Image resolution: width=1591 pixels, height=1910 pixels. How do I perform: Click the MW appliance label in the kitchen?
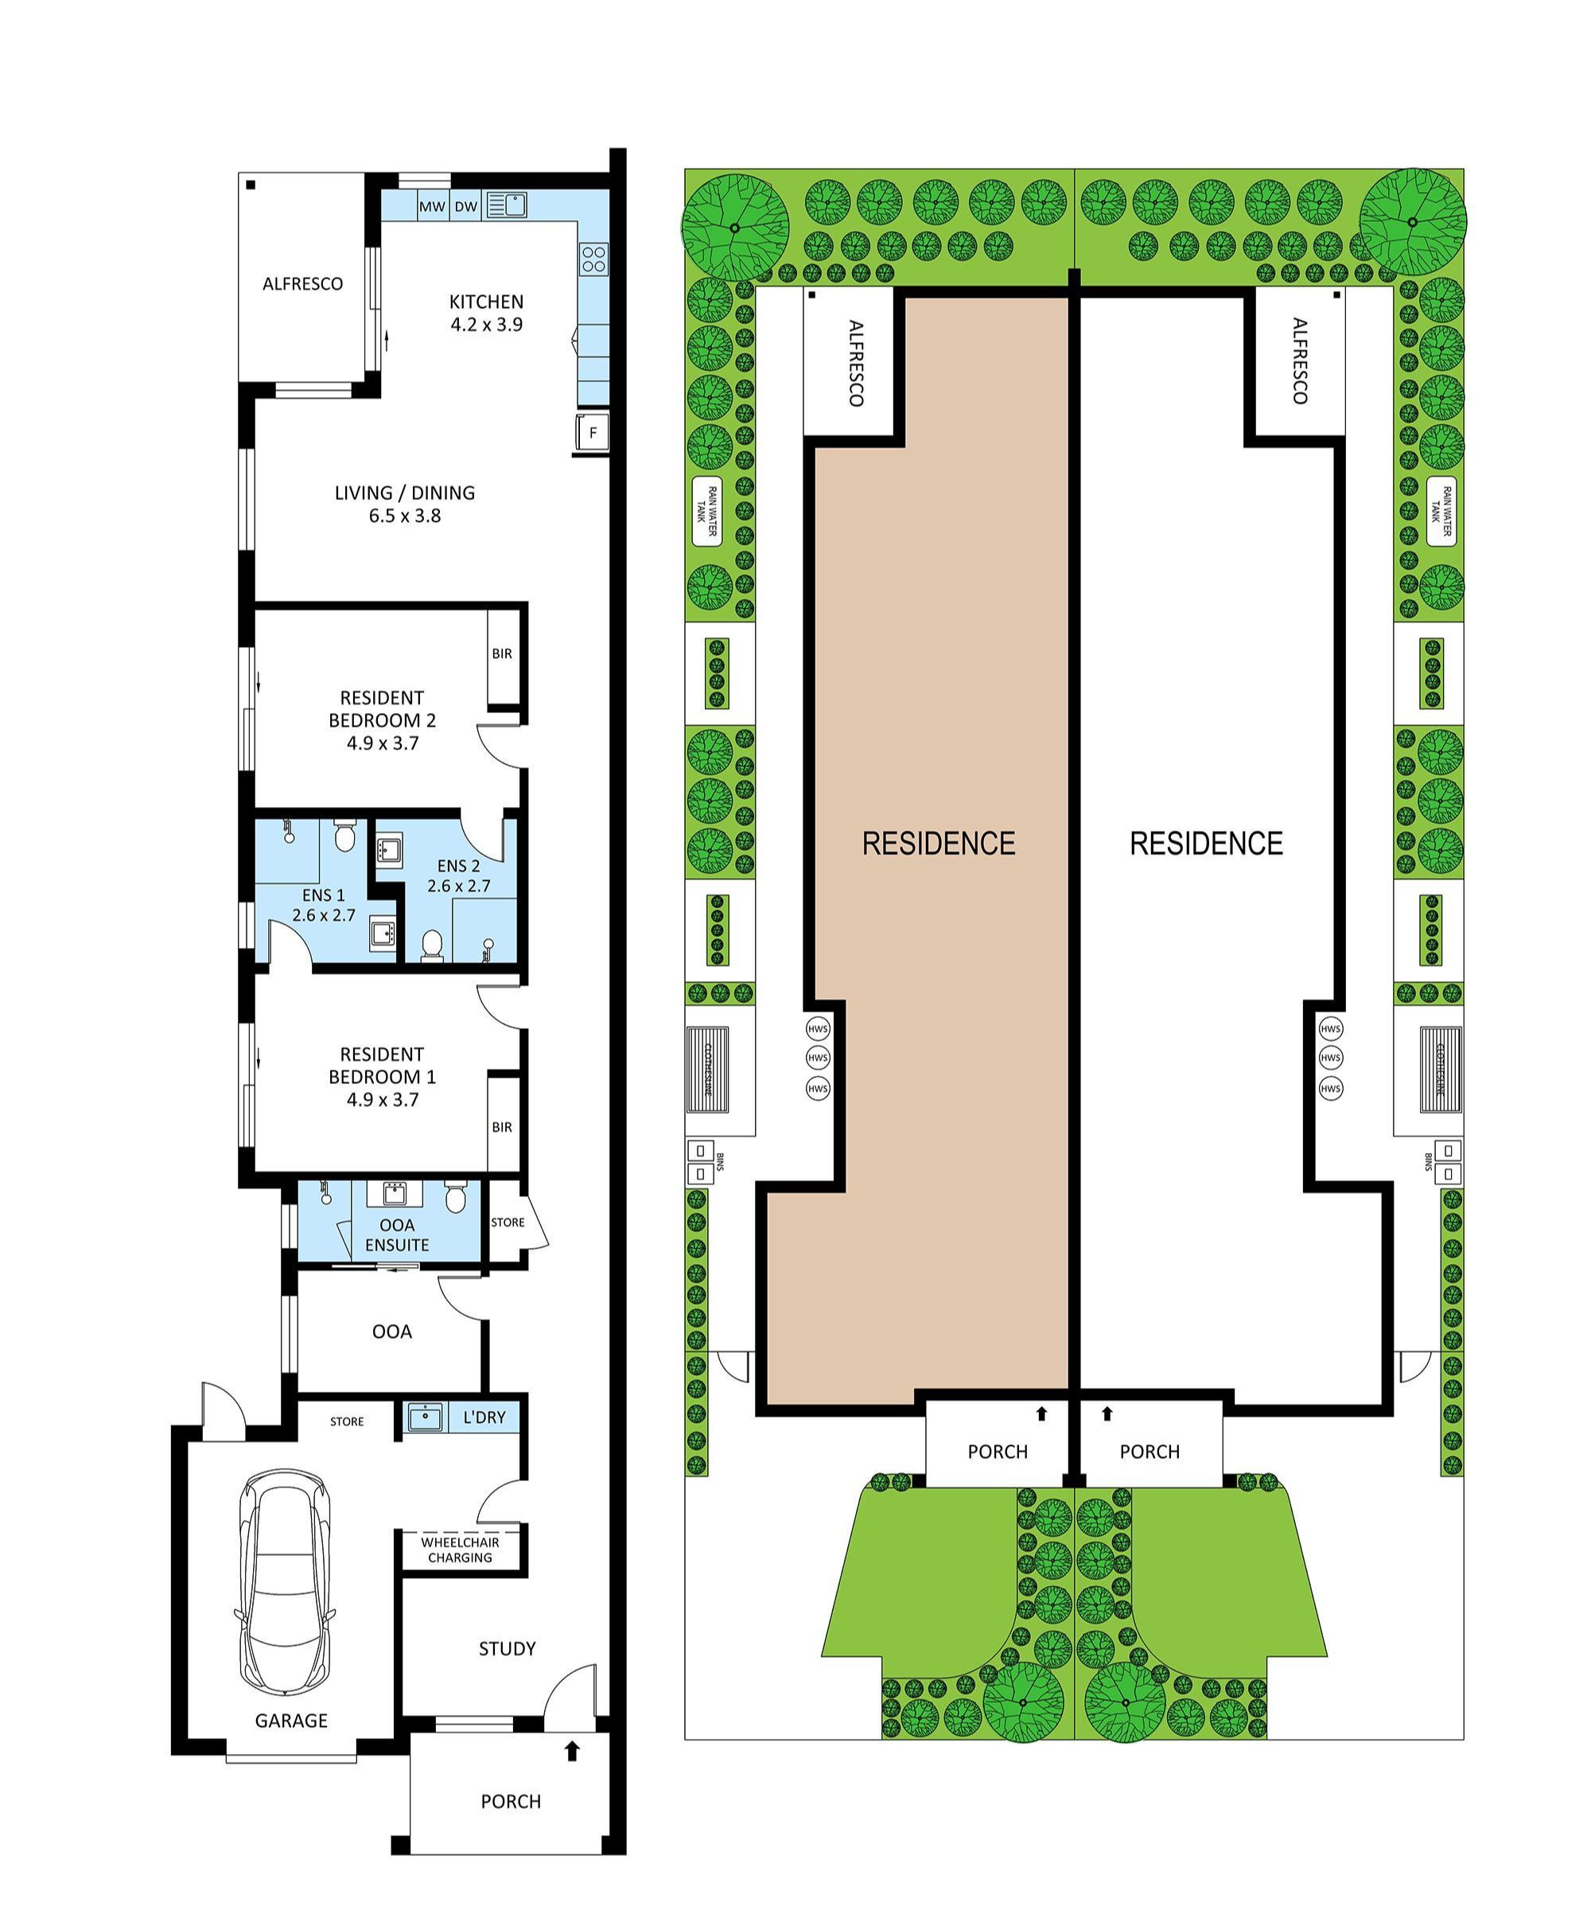point(432,206)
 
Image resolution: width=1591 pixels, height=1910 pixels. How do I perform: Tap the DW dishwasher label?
point(465,206)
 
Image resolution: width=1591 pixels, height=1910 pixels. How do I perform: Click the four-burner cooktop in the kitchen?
point(593,259)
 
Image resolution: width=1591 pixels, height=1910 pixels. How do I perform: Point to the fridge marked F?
point(593,433)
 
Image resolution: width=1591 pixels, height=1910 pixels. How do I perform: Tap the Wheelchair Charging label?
point(460,1549)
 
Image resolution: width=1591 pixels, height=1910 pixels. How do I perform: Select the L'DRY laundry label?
point(484,1417)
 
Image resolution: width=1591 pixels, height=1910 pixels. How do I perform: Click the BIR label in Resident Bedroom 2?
point(502,653)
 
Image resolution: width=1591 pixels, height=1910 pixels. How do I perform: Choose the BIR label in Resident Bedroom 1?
point(502,1127)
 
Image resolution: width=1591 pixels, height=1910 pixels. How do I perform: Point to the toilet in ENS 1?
point(344,835)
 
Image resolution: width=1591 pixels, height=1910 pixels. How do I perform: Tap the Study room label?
point(507,1648)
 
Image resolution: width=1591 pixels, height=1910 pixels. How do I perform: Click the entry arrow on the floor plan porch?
point(572,1750)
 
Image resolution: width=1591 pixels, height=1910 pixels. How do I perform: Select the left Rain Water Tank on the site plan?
point(706,511)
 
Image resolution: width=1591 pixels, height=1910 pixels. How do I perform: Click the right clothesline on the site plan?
point(1441,1070)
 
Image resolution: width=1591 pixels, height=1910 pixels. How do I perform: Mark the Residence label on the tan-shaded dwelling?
point(938,843)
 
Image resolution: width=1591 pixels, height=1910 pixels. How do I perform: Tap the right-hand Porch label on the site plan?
point(1149,1452)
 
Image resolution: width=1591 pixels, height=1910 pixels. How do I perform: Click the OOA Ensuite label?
point(397,1235)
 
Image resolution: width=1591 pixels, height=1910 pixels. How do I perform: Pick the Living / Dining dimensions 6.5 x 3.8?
point(405,516)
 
